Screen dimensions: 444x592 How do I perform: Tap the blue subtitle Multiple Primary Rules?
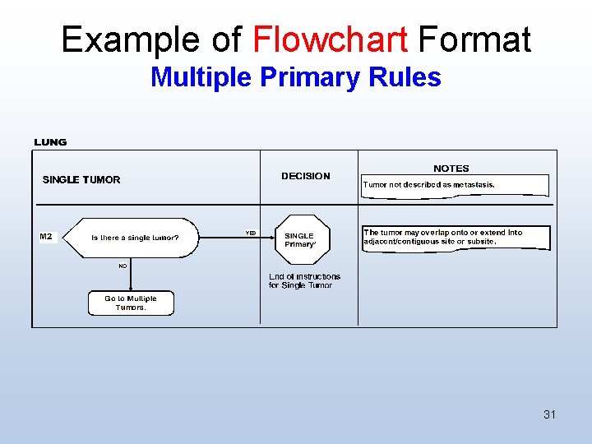point(296,77)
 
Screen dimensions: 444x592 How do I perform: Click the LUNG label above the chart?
point(51,142)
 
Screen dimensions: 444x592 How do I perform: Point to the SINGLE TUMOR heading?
point(81,180)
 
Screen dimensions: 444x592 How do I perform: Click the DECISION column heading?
point(306,176)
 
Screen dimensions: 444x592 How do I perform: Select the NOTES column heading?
point(451,169)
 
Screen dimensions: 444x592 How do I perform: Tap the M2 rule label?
point(46,237)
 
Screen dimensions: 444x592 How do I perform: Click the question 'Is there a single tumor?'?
point(135,238)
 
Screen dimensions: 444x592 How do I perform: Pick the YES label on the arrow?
point(251,233)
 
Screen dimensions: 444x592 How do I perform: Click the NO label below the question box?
point(123,266)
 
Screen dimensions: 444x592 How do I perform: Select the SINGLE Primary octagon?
point(301,239)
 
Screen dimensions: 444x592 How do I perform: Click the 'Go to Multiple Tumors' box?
point(131,303)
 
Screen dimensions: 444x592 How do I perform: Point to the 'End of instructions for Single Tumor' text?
point(304,280)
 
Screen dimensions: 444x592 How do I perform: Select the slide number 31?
point(549,414)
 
